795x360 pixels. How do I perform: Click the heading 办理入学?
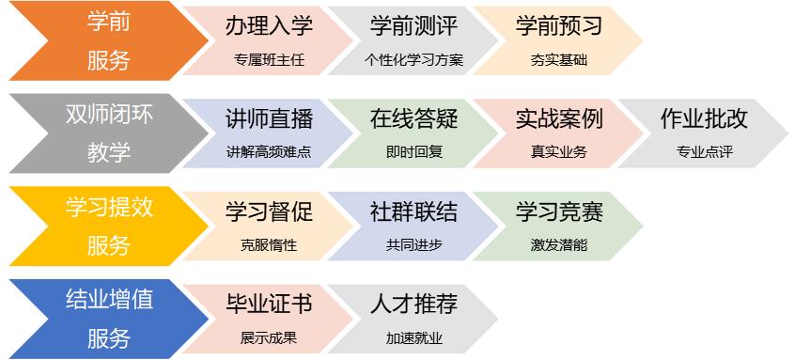(x=270, y=26)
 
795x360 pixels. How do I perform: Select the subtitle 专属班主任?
(x=270, y=60)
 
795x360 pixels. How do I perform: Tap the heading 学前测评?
(x=414, y=26)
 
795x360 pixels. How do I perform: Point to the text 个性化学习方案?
(x=414, y=60)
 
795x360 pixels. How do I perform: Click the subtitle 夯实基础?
(x=559, y=60)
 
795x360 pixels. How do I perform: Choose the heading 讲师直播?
(x=270, y=119)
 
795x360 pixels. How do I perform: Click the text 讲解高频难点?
(x=270, y=152)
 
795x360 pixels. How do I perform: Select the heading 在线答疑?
(x=414, y=119)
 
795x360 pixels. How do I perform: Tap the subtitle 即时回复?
(x=414, y=152)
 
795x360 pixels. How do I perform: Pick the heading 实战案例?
(x=559, y=119)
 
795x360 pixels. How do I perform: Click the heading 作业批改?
(x=704, y=119)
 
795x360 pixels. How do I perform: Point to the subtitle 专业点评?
(x=704, y=152)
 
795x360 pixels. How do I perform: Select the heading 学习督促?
(x=270, y=211)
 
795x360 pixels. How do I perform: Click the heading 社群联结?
(x=414, y=211)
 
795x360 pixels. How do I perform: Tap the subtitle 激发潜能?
(x=559, y=245)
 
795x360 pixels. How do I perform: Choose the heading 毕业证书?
(x=270, y=305)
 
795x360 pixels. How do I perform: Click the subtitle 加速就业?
(x=414, y=337)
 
